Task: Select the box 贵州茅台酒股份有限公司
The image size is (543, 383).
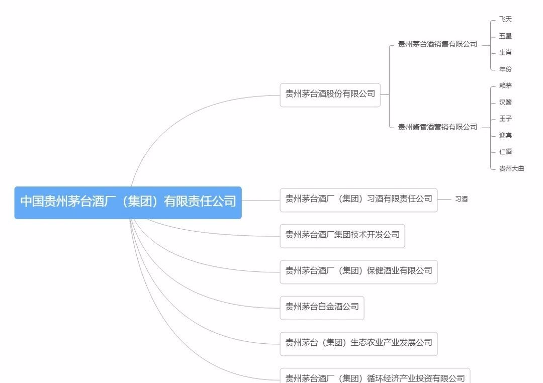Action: click(x=330, y=94)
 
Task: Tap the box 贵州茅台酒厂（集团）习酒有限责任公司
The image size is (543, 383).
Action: click(x=358, y=199)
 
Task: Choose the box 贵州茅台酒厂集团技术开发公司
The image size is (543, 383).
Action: click(x=342, y=235)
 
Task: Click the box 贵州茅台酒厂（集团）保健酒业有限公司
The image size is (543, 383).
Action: click(x=358, y=271)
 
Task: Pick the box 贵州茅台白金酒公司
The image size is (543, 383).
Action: click(x=322, y=307)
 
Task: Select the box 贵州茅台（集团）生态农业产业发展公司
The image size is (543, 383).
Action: click(x=358, y=343)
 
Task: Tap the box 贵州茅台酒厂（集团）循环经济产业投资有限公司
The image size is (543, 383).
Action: click(x=375, y=377)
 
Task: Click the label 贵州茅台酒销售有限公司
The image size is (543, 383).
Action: click(x=437, y=44)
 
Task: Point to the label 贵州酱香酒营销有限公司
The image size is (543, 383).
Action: click(x=437, y=127)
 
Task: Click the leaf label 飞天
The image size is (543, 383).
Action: click(x=505, y=20)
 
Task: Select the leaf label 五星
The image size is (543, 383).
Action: click(x=505, y=36)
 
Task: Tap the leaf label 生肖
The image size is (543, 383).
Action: click(x=505, y=53)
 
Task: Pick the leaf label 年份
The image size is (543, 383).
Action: click(x=505, y=69)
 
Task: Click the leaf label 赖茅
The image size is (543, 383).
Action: click(x=505, y=86)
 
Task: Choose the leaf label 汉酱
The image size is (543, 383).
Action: click(x=505, y=103)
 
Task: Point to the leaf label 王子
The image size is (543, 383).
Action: click(x=505, y=119)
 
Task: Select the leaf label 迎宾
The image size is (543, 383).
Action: click(x=505, y=136)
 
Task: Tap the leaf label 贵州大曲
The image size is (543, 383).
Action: click(x=511, y=169)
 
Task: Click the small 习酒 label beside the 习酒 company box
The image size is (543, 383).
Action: click(x=461, y=199)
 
